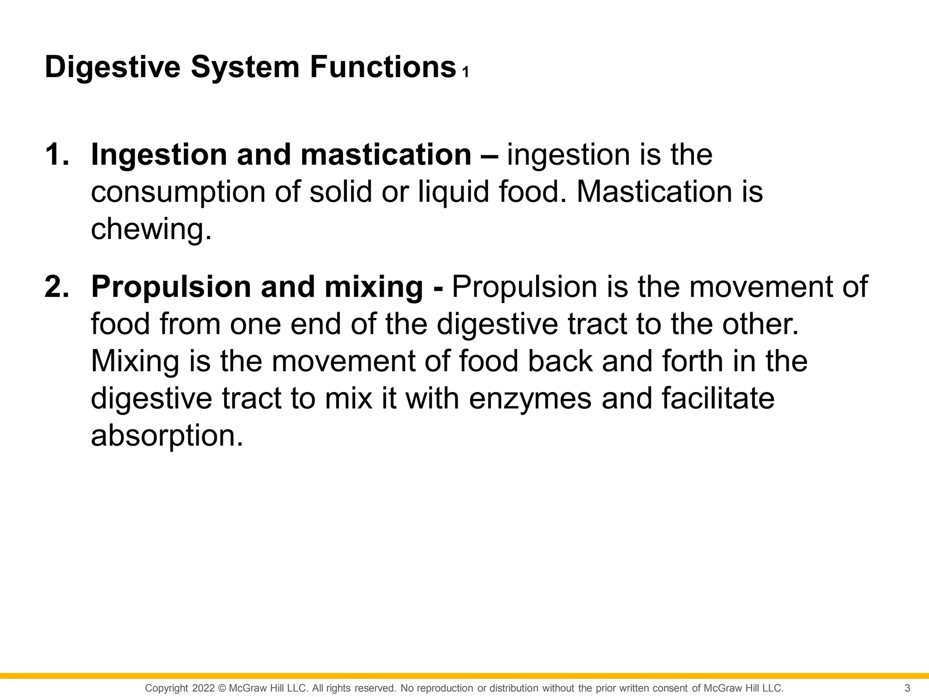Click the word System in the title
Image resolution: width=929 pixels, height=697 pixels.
245,67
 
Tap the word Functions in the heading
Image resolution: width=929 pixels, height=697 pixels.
383,67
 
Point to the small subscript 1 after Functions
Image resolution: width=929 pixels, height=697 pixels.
465,73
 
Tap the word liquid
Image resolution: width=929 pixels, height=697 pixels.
453,192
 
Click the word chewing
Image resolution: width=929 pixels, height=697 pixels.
151,229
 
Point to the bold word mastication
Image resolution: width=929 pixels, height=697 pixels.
386,155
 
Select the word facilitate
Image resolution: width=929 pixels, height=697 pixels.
718,398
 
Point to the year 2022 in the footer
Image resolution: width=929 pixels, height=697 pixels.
203,688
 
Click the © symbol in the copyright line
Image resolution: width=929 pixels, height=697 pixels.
222,688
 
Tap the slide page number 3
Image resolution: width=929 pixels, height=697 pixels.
907,688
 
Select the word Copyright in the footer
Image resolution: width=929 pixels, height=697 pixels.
166,688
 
